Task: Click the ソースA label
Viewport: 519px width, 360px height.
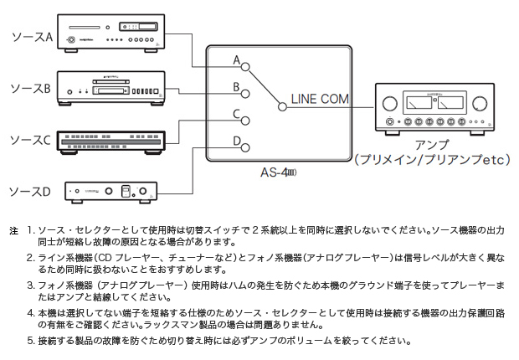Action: (x=30, y=36)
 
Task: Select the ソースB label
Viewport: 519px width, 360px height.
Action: (x=30, y=86)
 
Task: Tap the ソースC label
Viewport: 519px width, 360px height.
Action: (x=30, y=139)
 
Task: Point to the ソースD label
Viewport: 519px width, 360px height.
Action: (x=30, y=192)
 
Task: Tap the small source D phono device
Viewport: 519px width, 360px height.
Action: (x=112, y=192)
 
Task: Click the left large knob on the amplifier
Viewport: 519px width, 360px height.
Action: (x=389, y=105)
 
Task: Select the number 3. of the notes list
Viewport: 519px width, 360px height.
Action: (x=30, y=285)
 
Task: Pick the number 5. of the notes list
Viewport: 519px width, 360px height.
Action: (x=30, y=341)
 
